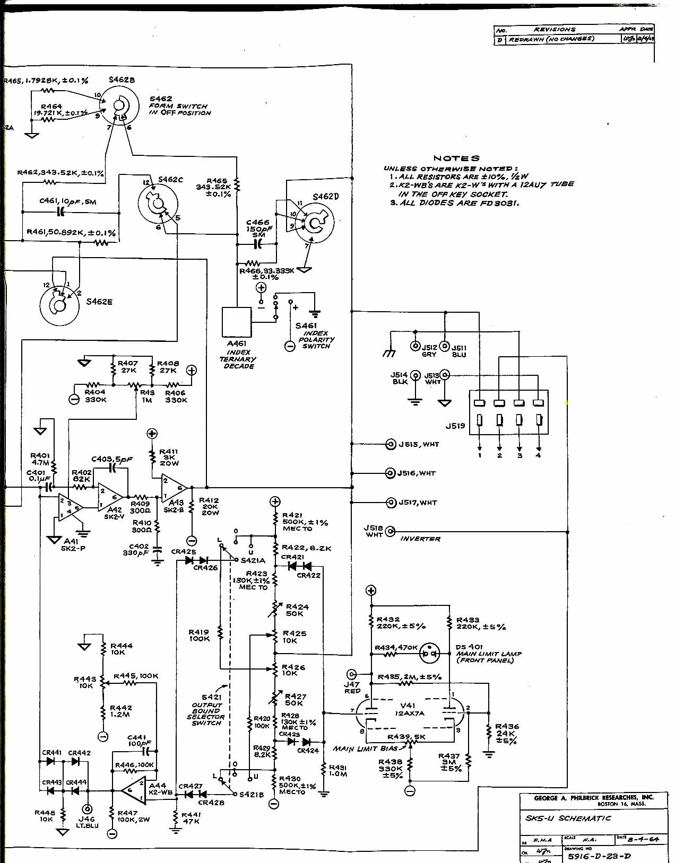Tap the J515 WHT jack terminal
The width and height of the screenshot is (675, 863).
pyautogui.click(x=391, y=444)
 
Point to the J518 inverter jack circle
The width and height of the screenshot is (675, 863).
pyautogui.click(x=391, y=531)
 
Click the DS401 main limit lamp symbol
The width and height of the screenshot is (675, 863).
pyautogui.click(x=430, y=654)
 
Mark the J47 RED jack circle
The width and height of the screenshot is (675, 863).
pyautogui.click(x=351, y=674)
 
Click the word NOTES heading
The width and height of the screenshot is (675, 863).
pyautogui.click(x=456, y=158)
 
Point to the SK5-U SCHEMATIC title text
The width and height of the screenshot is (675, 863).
pyautogui.click(x=568, y=818)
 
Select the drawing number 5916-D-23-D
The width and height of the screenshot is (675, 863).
pyautogui.click(x=599, y=856)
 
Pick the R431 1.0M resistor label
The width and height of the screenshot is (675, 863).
pyautogui.click(x=338, y=771)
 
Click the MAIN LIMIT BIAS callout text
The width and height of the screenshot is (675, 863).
pyautogui.click(x=365, y=748)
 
